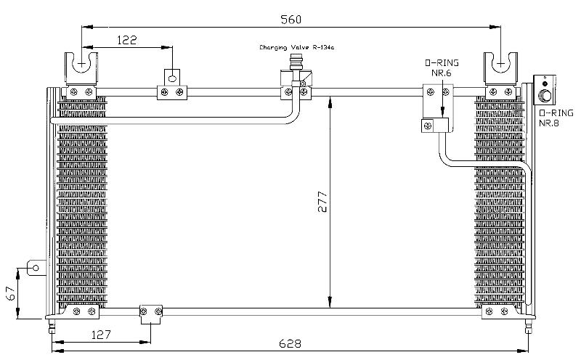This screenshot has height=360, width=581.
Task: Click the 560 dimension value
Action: [x=291, y=20]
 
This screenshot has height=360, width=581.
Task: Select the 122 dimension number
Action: [x=127, y=40]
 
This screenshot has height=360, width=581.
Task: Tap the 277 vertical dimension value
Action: [x=322, y=202]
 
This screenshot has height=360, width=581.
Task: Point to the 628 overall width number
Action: [x=290, y=344]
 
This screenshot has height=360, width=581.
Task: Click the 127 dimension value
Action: [x=101, y=335]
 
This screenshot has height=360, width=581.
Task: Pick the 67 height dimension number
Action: [x=12, y=293]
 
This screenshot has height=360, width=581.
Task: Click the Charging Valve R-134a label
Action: [x=296, y=47]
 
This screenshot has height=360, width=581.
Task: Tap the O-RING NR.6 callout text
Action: [x=442, y=67]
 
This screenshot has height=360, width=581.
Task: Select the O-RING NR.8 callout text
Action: [x=556, y=118]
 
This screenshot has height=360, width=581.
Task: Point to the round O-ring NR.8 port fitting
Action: [x=545, y=96]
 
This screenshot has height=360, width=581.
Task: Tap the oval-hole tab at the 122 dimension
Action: [x=172, y=78]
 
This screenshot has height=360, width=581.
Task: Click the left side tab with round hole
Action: [x=36, y=268]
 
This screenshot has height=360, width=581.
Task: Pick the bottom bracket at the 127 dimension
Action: [x=151, y=314]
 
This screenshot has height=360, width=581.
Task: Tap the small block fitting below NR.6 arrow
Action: [x=435, y=125]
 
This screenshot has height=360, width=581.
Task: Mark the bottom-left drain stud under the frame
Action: [x=52, y=327]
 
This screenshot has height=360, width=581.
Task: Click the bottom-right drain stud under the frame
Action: [x=529, y=327]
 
